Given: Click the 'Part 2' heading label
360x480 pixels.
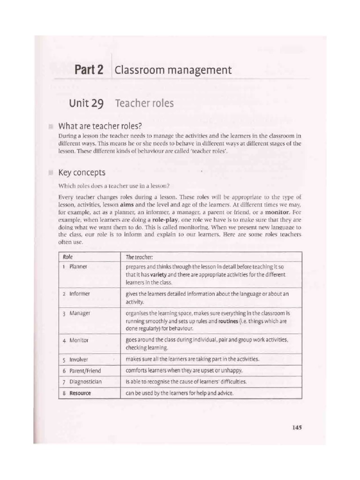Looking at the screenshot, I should tap(89, 70).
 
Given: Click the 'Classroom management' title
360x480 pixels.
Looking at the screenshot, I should tap(173, 70).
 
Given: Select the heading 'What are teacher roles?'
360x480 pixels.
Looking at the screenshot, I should tap(100, 126).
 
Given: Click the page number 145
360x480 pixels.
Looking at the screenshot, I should tap(296, 427).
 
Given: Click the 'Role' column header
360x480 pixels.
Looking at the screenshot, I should tap(67, 257).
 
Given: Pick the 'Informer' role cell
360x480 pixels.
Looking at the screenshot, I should tap(80, 293).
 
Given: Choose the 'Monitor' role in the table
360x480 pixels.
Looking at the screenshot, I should tap(79, 340).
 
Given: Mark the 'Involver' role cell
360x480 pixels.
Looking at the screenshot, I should tap(79, 360).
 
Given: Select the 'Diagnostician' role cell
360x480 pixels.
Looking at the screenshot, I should tap(85, 382).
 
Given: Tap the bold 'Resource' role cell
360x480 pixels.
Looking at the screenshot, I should tap(80, 393).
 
